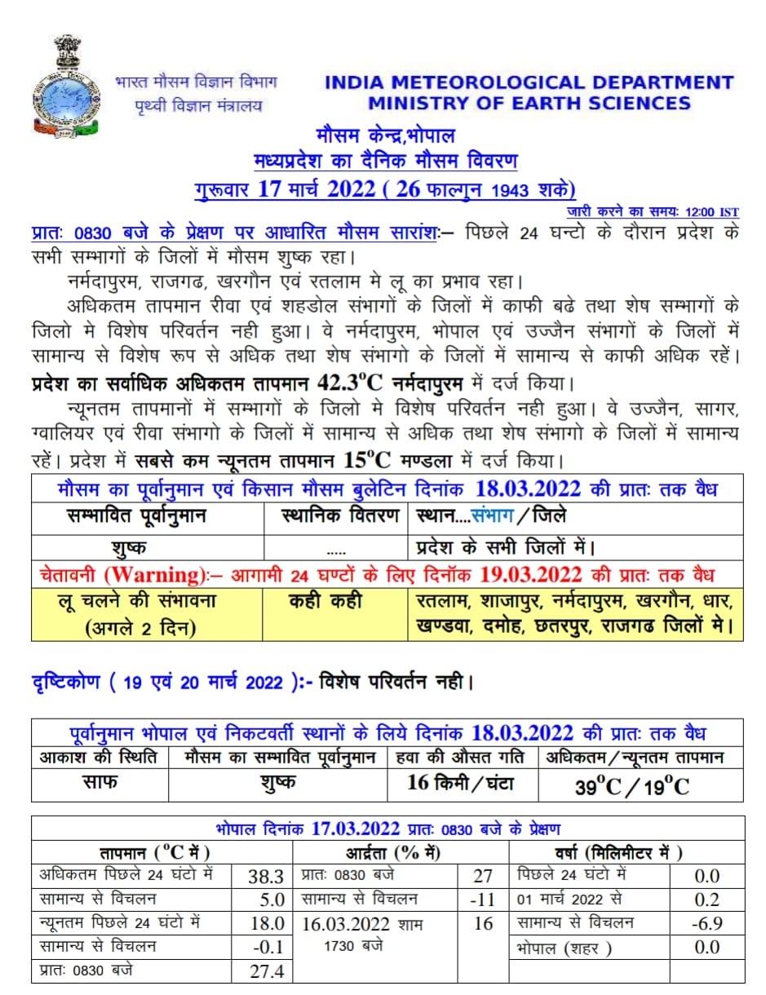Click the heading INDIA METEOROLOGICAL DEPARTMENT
[x=529, y=82]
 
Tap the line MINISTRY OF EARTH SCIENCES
[x=529, y=104]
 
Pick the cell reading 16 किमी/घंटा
[x=461, y=783]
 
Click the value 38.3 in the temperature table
[x=265, y=877]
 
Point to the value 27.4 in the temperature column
[x=265, y=971]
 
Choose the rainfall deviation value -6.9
[x=706, y=924]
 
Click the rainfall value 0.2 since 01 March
[x=706, y=900]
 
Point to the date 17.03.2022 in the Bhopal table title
[x=355, y=829]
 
